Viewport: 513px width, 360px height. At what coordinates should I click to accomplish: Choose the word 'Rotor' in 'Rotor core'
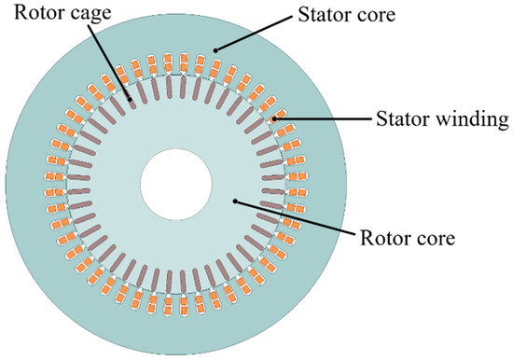point(384,238)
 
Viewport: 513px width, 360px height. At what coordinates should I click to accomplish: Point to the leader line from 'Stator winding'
point(322,118)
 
